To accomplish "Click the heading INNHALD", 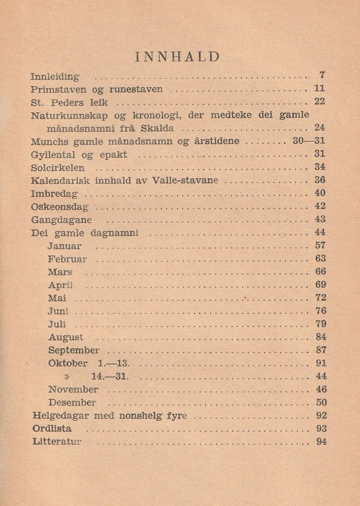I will pyautogui.click(x=177, y=57).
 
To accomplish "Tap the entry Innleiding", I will pyautogui.click(x=55, y=77).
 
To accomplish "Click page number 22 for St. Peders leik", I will pyautogui.click(x=319, y=101).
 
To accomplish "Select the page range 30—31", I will pyautogui.click(x=309, y=141).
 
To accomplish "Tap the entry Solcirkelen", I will pyautogui.click(x=58, y=168).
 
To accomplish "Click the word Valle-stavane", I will pyautogui.click(x=185, y=180).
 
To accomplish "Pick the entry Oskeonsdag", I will pyautogui.click(x=60, y=207).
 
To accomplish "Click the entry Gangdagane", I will pyautogui.click(x=61, y=220).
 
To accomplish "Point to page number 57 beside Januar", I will pyautogui.click(x=321, y=245).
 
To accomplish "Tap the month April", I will pyautogui.click(x=60, y=285).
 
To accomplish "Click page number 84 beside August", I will pyautogui.click(x=321, y=337).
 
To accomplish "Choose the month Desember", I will pyautogui.click(x=72, y=402).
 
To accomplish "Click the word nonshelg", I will pyautogui.click(x=141, y=416).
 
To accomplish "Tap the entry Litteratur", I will pyautogui.click(x=57, y=441).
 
